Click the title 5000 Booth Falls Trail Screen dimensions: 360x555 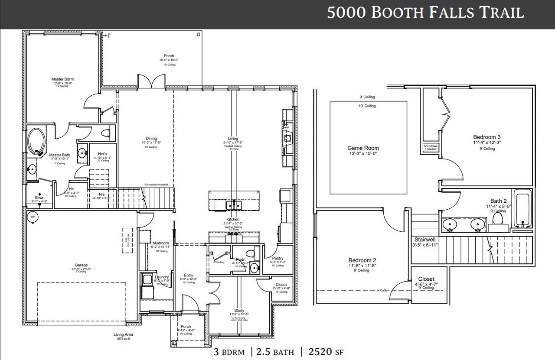(x=425, y=13)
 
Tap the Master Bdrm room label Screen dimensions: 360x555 (x=62, y=79)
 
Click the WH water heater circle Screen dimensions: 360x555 (x=33, y=217)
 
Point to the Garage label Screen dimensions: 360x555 (x=81, y=265)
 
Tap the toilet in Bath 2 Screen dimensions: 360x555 (x=498, y=219)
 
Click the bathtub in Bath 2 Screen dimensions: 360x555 (x=523, y=210)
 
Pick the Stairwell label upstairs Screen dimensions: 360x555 (x=425, y=239)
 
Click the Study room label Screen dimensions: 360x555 (x=239, y=310)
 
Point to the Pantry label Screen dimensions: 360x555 (x=277, y=258)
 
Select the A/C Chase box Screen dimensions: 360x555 (x=431, y=148)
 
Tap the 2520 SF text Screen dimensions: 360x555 (x=325, y=352)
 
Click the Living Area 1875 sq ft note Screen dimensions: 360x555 (x=123, y=337)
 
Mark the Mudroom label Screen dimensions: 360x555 (x=161, y=243)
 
